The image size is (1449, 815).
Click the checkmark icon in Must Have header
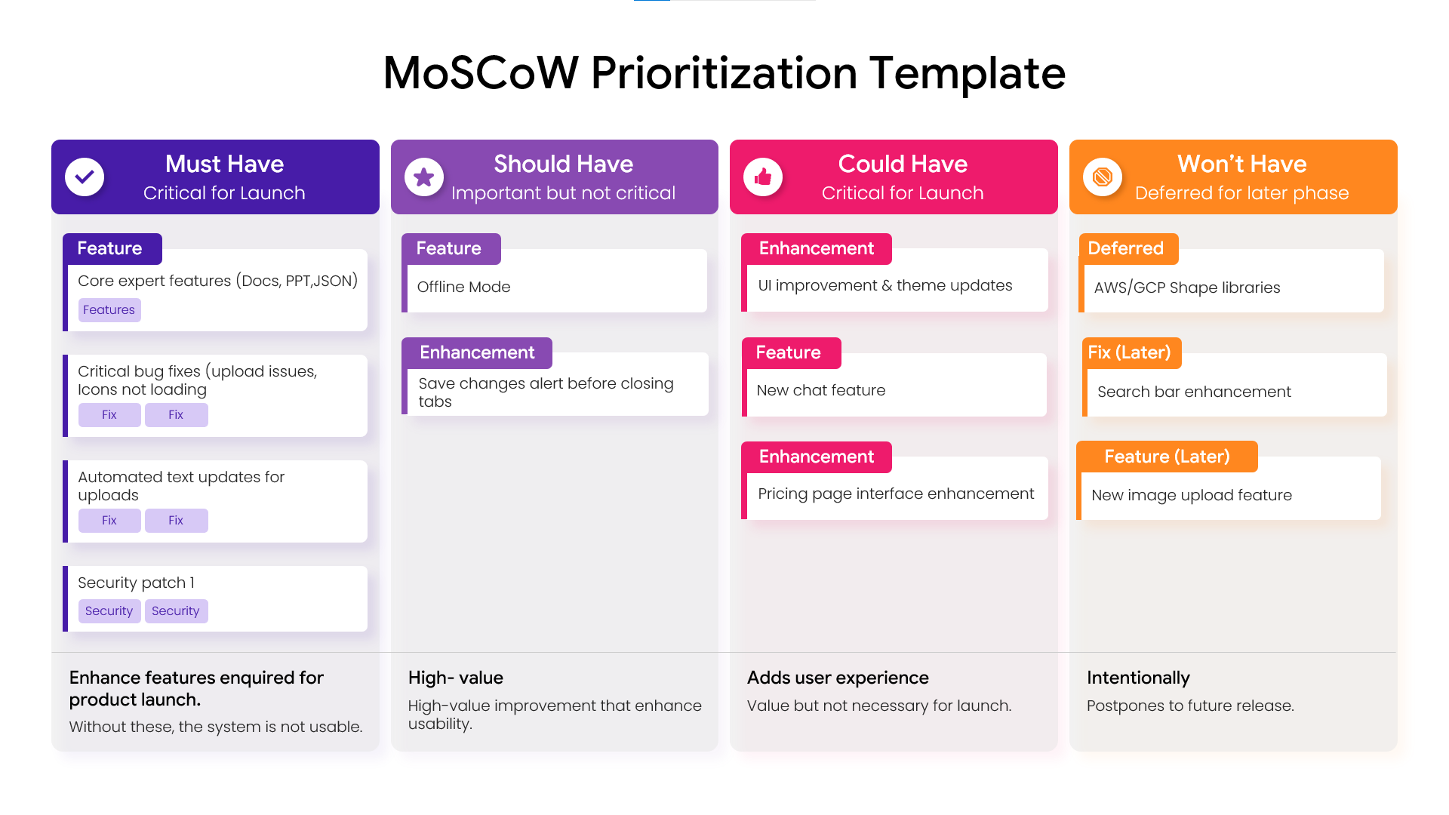coord(85,177)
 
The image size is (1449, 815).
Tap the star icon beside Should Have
coord(424,177)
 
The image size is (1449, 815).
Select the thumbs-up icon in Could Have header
coord(763,177)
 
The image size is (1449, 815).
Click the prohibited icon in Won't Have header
coord(1103,177)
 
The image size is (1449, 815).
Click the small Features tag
coord(109,310)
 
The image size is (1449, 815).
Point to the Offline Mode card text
coord(463,287)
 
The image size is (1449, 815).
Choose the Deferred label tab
coord(1126,248)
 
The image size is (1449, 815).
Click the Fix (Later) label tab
coord(1130,352)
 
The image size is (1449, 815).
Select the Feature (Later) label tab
coord(1167,457)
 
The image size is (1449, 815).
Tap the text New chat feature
coord(820,390)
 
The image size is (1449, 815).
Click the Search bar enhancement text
coord(1194,392)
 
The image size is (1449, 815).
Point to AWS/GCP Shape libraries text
coord(1187,288)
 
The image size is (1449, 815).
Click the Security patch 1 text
coord(136,583)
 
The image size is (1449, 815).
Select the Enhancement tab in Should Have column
coord(477,352)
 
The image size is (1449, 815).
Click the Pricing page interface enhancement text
coord(896,494)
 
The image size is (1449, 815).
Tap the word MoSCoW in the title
coord(481,73)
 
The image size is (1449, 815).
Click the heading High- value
coord(456,678)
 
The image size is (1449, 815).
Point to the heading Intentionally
coord(1138,678)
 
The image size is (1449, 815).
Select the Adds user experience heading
coord(838,678)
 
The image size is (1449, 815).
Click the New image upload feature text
coord(1192,495)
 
